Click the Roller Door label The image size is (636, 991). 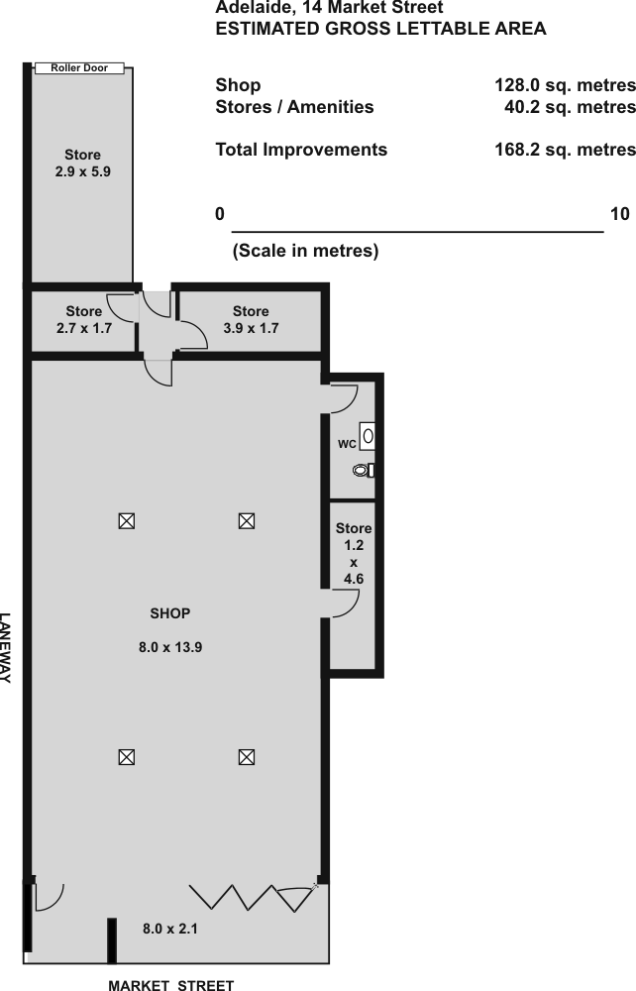pos(79,67)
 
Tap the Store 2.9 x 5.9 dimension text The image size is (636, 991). pos(83,171)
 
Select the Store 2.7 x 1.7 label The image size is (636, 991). pos(84,319)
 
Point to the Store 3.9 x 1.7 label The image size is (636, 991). pos(251,319)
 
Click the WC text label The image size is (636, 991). pos(347,444)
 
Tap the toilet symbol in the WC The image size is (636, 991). pos(365,470)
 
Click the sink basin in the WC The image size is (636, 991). pos(368,436)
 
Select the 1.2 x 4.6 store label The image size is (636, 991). pos(354,553)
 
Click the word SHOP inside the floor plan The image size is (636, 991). pos(169,613)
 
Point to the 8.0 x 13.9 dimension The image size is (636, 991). pos(170,647)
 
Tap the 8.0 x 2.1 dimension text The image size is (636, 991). pos(169,929)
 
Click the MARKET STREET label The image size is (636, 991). pos(171,985)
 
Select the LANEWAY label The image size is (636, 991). pos(5,648)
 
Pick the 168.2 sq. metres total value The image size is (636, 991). pos(565,150)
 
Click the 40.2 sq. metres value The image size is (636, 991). pos(570,107)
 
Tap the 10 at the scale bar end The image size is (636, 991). pos(619,214)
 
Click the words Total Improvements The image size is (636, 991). pos(301,150)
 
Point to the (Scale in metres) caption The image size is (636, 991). pos(306,251)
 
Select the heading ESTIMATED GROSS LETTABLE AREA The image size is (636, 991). pos(380,29)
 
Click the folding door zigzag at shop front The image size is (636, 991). pos(253,898)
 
